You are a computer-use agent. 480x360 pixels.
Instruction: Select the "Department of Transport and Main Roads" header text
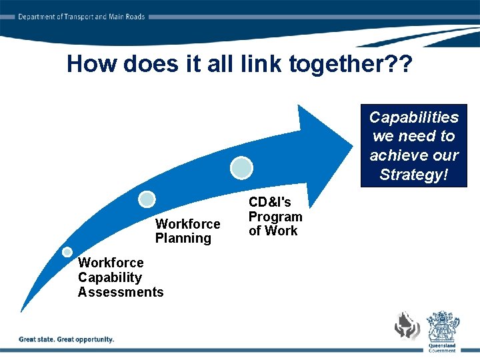pos(81,17)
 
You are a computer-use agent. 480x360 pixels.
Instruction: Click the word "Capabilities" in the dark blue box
pos(414,117)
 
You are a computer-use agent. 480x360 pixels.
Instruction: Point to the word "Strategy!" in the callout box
pos(414,175)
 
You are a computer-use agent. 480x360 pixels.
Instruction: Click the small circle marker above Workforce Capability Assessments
pos(67,252)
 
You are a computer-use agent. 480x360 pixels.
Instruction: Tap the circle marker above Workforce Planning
pos(147,199)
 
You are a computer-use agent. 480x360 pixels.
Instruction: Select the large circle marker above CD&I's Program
pos(241,167)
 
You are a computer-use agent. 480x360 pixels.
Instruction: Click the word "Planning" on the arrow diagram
pos(183,239)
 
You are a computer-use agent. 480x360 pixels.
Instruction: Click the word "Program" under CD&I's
pos(275,217)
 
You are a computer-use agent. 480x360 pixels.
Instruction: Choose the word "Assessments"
pos(121,292)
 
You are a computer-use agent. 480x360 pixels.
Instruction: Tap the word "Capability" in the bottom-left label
pos(110,277)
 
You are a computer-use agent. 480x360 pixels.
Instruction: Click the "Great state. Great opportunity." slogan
pos(67,339)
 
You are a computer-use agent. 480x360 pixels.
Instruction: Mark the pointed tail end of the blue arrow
pos(21,311)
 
